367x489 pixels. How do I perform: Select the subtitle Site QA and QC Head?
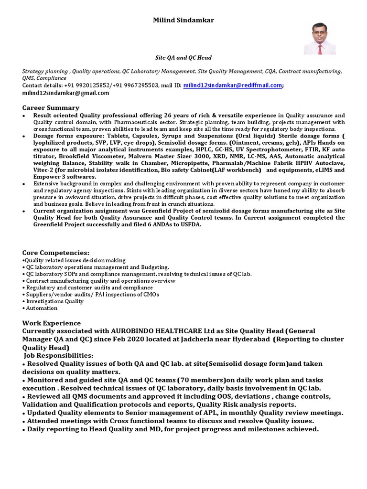[x=183, y=57]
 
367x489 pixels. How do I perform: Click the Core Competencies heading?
[x=56, y=252]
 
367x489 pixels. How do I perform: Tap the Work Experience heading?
[x=52, y=323]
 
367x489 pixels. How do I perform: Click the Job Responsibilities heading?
[x=59, y=356]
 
